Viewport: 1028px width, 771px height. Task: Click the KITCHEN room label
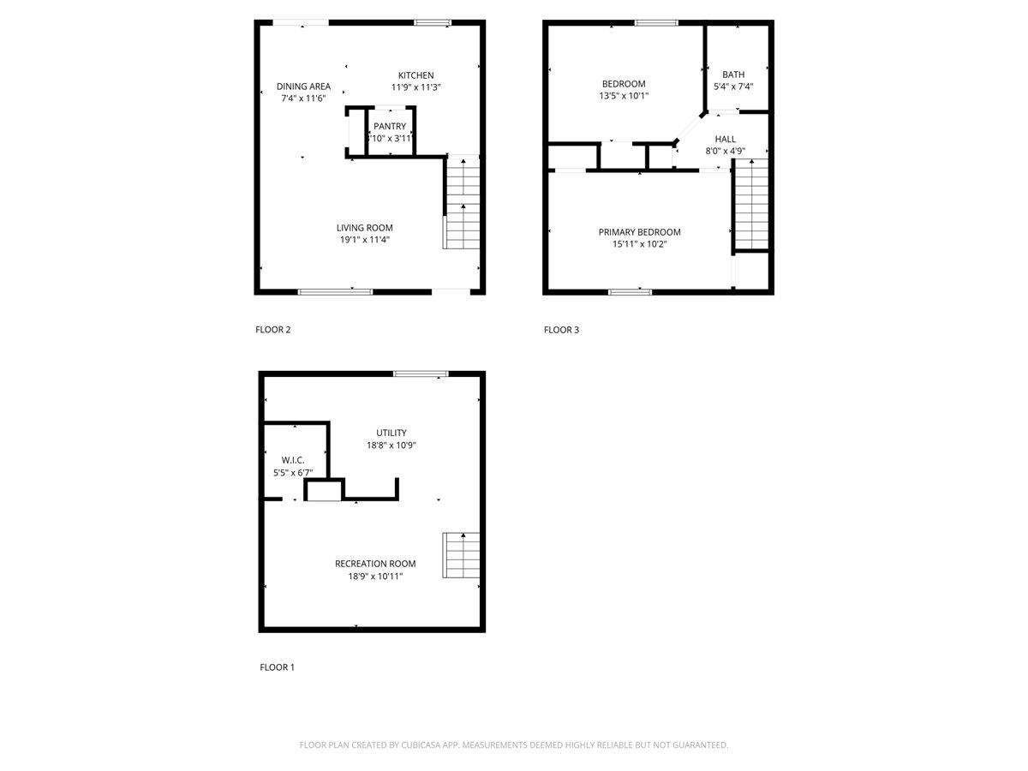point(415,75)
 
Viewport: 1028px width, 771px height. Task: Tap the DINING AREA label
point(303,87)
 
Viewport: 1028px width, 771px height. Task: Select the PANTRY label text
point(390,127)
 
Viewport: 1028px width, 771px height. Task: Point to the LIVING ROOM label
point(364,228)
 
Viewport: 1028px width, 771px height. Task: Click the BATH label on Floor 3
point(733,75)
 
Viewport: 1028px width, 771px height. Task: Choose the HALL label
point(725,139)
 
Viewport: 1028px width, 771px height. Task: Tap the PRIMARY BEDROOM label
point(639,232)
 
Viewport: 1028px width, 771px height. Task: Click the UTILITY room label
point(391,433)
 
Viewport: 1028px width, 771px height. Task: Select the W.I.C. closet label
point(293,461)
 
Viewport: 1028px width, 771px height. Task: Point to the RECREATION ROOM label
point(375,564)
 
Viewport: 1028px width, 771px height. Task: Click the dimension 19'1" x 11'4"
point(364,240)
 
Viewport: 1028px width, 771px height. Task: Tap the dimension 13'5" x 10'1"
point(624,96)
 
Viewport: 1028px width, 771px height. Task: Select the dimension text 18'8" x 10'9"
point(391,445)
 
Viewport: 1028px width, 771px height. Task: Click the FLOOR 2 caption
point(273,330)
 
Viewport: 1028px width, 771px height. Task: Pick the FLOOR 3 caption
point(561,330)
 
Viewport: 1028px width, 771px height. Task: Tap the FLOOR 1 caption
point(278,667)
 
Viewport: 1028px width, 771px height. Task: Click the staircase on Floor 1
point(461,555)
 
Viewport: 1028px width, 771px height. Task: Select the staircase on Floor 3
point(751,204)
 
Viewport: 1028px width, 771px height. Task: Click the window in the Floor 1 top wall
point(421,374)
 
